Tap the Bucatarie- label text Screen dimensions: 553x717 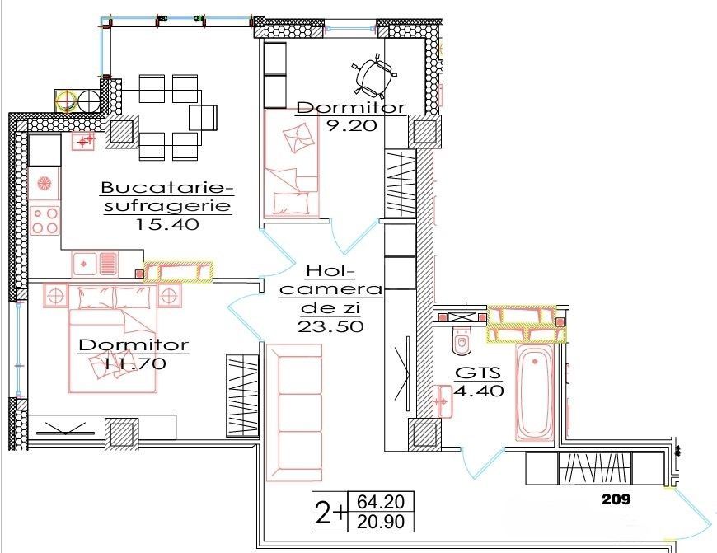(167, 186)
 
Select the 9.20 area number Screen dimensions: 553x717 (350, 126)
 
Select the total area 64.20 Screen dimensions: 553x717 (381, 501)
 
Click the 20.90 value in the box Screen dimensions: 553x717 (381, 521)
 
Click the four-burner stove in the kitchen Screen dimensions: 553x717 (45, 219)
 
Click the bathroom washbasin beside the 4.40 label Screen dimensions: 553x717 (441, 402)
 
